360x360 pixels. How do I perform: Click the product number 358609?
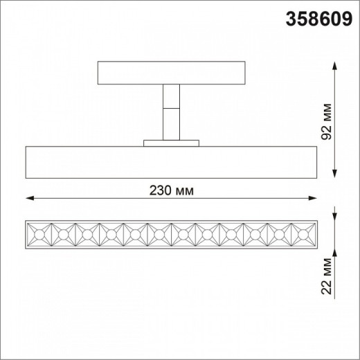(x=318, y=19)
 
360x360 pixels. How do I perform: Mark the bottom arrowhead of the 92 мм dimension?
(x=336, y=174)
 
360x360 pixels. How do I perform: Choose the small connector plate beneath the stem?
(x=170, y=143)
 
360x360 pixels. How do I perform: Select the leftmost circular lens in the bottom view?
(x=39, y=236)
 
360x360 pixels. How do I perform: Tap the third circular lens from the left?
(x=87, y=236)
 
